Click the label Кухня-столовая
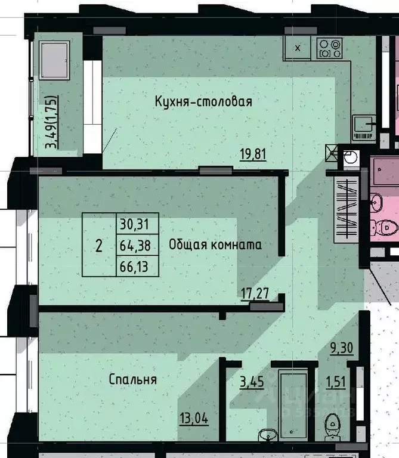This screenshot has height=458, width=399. tap(203, 101)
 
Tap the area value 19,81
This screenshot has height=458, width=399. tap(249, 155)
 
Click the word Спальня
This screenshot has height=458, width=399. tap(132, 379)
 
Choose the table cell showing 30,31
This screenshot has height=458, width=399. tap(138, 224)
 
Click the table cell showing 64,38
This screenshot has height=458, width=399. tap(138, 245)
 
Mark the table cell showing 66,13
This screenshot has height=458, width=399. tap(138, 266)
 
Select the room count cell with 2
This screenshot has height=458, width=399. tap(98, 245)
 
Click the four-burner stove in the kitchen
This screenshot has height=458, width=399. tap(329, 48)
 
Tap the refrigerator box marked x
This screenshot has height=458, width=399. tap(298, 48)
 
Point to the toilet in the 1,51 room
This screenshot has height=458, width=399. tap(333, 423)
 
